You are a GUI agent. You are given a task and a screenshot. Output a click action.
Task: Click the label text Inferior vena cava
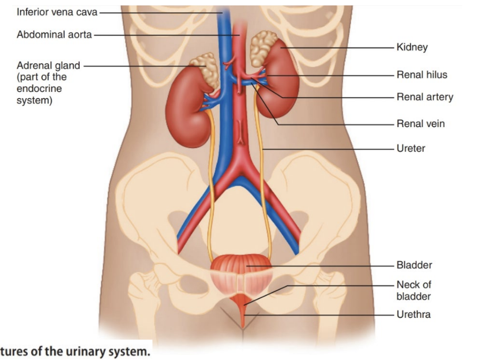coord(57,12)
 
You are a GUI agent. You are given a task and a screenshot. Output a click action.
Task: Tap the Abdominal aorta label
coord(54,34)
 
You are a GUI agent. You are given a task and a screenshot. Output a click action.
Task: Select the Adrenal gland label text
coord(48,66)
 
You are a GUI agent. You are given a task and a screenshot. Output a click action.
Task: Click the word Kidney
coord(412,47)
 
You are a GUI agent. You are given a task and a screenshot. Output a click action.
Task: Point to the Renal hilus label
coord(422,75)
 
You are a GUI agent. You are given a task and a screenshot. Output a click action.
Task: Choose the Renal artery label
coord(424,97)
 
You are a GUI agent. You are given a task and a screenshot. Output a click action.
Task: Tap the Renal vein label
coord(420,123)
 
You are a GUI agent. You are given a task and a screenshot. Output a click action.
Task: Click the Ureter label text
coord(411,148)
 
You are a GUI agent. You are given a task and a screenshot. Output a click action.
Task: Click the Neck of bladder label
coord(413,290)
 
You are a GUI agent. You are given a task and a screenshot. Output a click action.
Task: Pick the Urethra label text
coord(413,314)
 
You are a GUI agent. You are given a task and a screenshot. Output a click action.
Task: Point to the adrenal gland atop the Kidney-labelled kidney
coord(263,47)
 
